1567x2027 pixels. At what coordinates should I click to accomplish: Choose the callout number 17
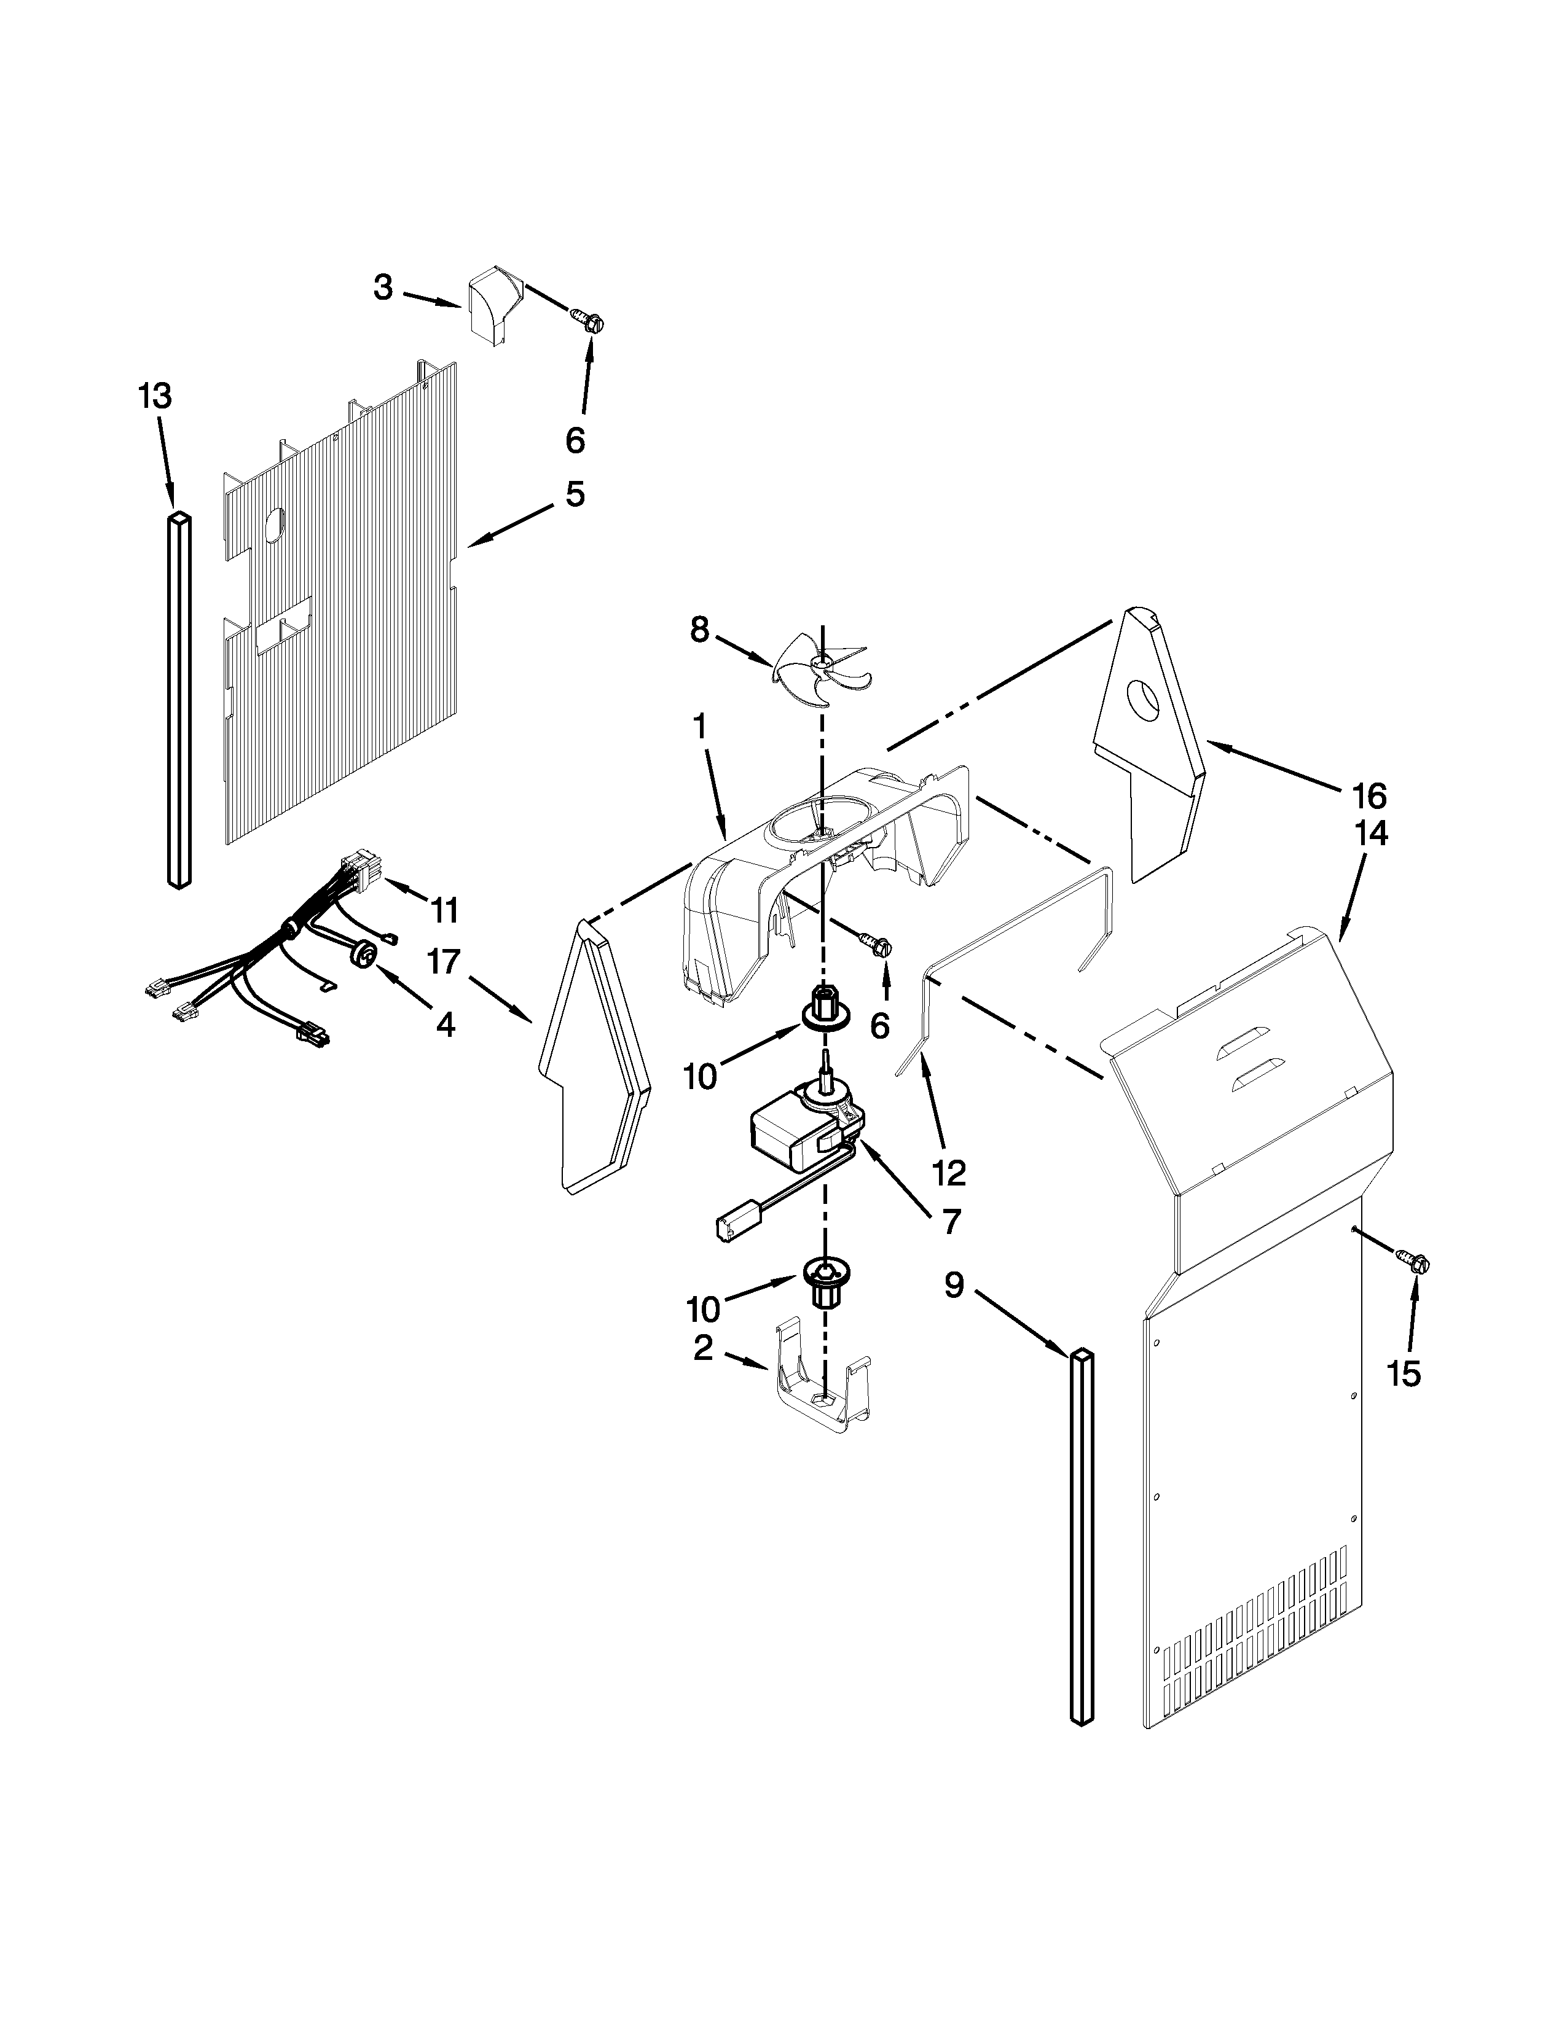[x=444, y=963]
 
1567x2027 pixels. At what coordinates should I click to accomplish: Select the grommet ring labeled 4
[x=365, y=953]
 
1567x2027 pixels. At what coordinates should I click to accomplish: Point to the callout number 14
[x=1371, y=834]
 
